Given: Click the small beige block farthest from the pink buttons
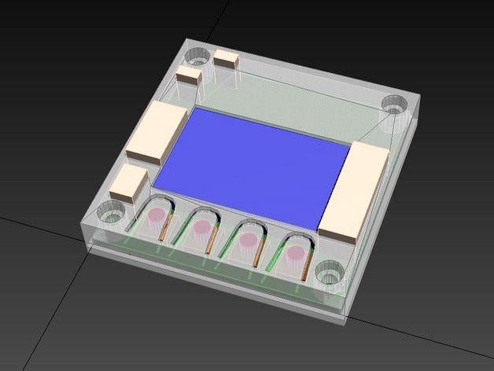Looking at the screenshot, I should tap(227, 59).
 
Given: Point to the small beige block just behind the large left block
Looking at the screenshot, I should tap(190, 77).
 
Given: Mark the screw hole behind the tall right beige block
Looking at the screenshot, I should tap(393, 104).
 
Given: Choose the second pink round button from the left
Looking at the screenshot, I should tap(202, 227).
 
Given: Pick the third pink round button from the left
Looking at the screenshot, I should tap(249, 240).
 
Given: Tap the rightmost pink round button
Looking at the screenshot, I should tap(296, 254).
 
